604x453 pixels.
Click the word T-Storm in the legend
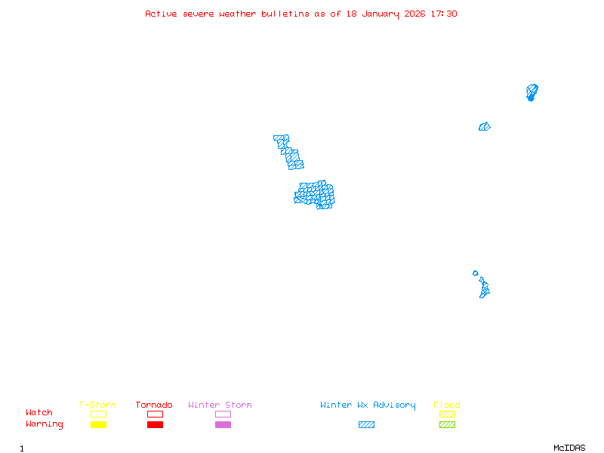(97, 405)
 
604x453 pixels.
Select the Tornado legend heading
(154, 405)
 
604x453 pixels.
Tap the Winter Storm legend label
(220, 405)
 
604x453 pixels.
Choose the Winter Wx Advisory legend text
(368, 405)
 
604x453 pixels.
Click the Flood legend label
(447, 405)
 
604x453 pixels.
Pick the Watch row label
(39, 413)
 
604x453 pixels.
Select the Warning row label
(45, 424)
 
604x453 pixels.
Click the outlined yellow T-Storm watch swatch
(98, 414)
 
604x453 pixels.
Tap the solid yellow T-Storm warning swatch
(98, 425)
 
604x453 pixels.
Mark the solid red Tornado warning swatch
(155, 425)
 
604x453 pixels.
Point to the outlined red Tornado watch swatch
(155, 414)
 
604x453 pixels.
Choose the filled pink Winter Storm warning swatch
(223, 425)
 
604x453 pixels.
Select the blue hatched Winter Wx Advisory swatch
(366, 425)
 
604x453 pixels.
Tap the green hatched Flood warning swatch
(447, 425)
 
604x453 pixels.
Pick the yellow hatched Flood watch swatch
(447, 414)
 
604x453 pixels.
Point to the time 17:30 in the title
(444, 14)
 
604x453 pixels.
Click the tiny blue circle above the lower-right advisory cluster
(475, 273)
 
